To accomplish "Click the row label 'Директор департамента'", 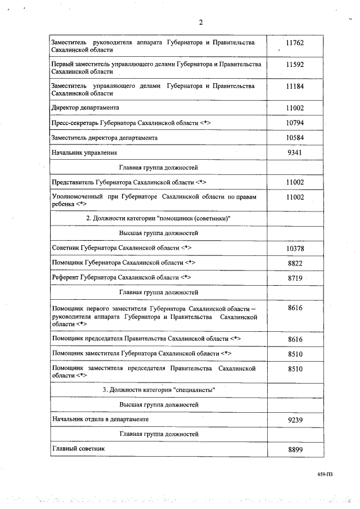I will [85, 107].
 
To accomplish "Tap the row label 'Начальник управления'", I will [84, 152].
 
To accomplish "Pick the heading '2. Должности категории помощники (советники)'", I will [159, 218].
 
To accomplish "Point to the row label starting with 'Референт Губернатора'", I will [121, 277].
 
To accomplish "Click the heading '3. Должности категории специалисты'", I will [159, 389].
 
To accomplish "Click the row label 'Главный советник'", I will [78, 448].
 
